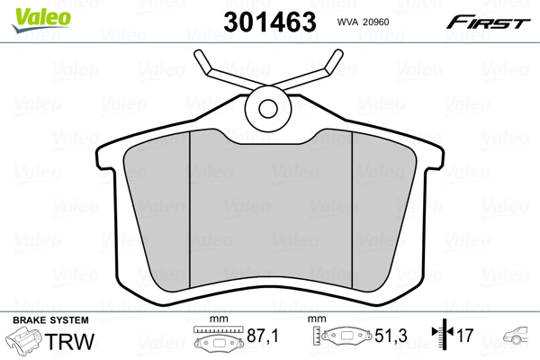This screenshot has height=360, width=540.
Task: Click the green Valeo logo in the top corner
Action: (x=29, y=12)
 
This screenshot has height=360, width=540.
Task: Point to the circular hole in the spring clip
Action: (x=267, y=108)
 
